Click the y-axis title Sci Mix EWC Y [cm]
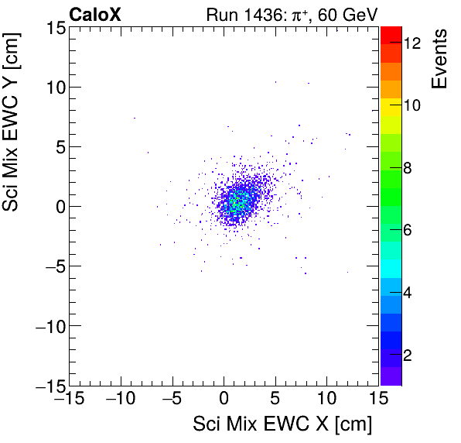13,117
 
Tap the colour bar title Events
440,59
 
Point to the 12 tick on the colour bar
412,44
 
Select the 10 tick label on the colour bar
412,106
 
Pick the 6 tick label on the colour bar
408,230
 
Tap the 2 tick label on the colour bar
408,355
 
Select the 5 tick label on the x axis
275,399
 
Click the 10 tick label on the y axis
53,87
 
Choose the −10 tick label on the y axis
48,326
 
